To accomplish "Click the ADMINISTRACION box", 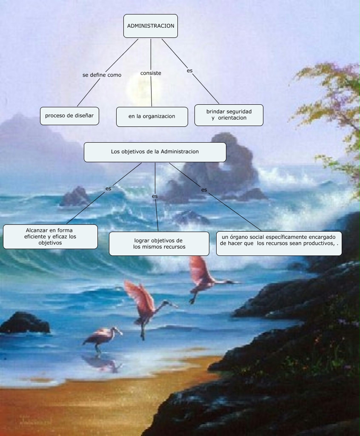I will (x=151, y=26).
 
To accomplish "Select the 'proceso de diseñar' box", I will (x=69, y=116).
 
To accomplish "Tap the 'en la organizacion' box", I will (x=152, y=117).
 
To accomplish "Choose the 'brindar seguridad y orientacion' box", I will (x=229, y=115).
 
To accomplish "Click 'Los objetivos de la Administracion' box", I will (x=155, y=152).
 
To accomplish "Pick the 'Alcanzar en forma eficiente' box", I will (x=50, y=237).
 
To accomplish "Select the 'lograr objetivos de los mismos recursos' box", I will (x=159, y=244).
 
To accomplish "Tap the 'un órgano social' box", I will (x=279, y=243).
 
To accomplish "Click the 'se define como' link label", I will (x=102, y=75).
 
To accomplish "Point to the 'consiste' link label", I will (x=151, y=73).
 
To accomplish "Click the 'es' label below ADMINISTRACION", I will (x=189, y=70).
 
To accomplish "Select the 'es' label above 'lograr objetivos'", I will (x=155, y=196).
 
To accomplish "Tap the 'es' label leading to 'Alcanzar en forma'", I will (x=109, y=188).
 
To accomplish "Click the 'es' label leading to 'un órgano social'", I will (x=204, y=190).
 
